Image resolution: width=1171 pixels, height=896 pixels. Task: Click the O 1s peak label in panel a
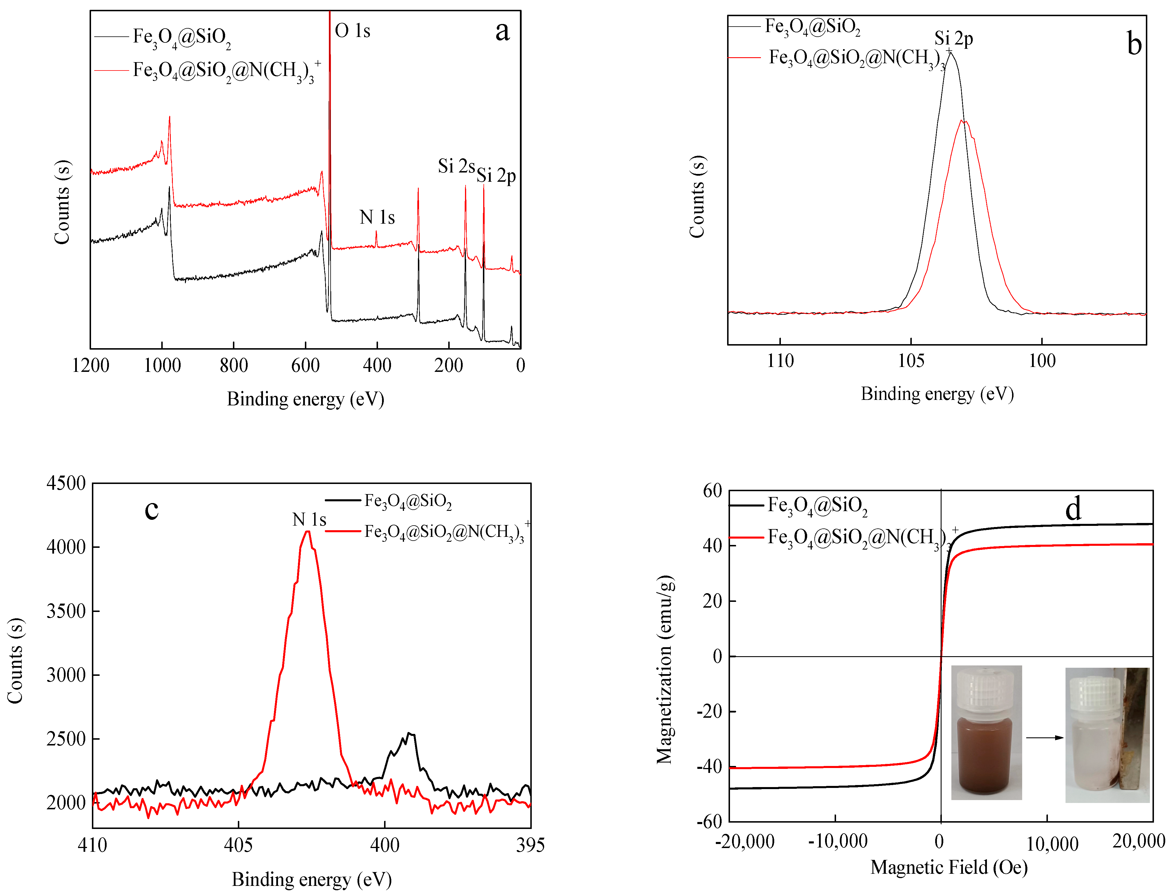[x=352, y=31]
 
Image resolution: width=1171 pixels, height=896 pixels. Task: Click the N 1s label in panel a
[x=377, y=218]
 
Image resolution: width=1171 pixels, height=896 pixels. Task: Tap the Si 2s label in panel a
[x=456, y=166]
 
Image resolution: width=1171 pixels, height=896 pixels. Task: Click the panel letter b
[x=1134, y=44]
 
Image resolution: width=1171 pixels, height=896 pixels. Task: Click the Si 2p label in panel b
[x=953, y=38]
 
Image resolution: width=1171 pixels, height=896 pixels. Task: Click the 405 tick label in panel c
[x=238, y=845]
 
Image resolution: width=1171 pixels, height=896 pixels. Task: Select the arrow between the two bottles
[x=1044, y=738]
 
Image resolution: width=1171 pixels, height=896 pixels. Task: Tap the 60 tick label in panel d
[x=712, y=491]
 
